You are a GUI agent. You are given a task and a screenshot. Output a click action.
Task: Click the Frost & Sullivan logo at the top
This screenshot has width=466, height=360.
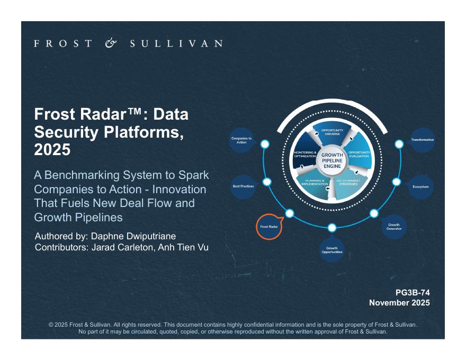128,43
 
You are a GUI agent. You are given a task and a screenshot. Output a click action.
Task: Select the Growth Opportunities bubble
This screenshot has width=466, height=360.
332,250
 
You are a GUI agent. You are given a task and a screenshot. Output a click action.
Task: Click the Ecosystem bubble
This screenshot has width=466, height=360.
420,186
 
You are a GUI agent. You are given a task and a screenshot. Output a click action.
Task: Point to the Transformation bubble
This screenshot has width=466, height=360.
422,140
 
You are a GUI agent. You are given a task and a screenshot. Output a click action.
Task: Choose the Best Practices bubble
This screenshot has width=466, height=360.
244,186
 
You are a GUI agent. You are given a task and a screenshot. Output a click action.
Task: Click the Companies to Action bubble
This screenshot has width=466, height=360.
241,140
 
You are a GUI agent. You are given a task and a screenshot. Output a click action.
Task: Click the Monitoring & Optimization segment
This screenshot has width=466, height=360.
305,154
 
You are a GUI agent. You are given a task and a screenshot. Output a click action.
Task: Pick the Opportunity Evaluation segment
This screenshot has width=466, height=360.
359,154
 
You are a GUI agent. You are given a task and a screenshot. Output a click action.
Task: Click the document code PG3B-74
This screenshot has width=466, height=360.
413,292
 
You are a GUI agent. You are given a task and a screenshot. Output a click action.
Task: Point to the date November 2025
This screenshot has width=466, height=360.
399,303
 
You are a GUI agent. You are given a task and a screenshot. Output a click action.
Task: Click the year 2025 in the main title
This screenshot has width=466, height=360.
52,150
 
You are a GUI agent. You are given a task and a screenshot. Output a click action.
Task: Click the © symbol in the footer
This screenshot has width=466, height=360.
51,324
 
